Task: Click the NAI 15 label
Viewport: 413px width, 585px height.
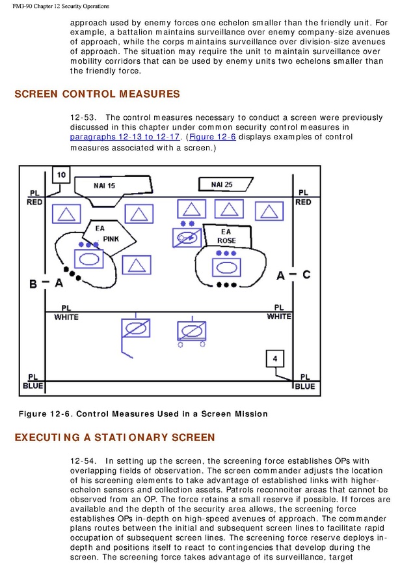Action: tap(104, 186)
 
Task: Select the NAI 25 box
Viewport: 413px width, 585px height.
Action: tap(222, 184)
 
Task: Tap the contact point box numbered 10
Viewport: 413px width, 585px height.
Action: tap(60, 175)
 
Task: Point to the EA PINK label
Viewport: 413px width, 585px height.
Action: tap(107, 234)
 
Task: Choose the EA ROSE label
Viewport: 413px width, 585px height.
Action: tap(226, 236)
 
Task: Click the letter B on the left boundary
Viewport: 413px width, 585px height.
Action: tap(33, 283)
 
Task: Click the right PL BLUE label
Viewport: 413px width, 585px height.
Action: tap(304, 382)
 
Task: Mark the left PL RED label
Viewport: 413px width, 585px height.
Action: tap(34, 198)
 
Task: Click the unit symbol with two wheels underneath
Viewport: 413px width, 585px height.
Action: tap(192, 328)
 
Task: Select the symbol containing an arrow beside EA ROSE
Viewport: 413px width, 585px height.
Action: tap(187, 238)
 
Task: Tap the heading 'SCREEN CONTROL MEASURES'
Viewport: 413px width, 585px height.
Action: tap(98, 94)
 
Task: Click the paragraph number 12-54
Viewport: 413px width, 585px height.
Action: tap(83, 462)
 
